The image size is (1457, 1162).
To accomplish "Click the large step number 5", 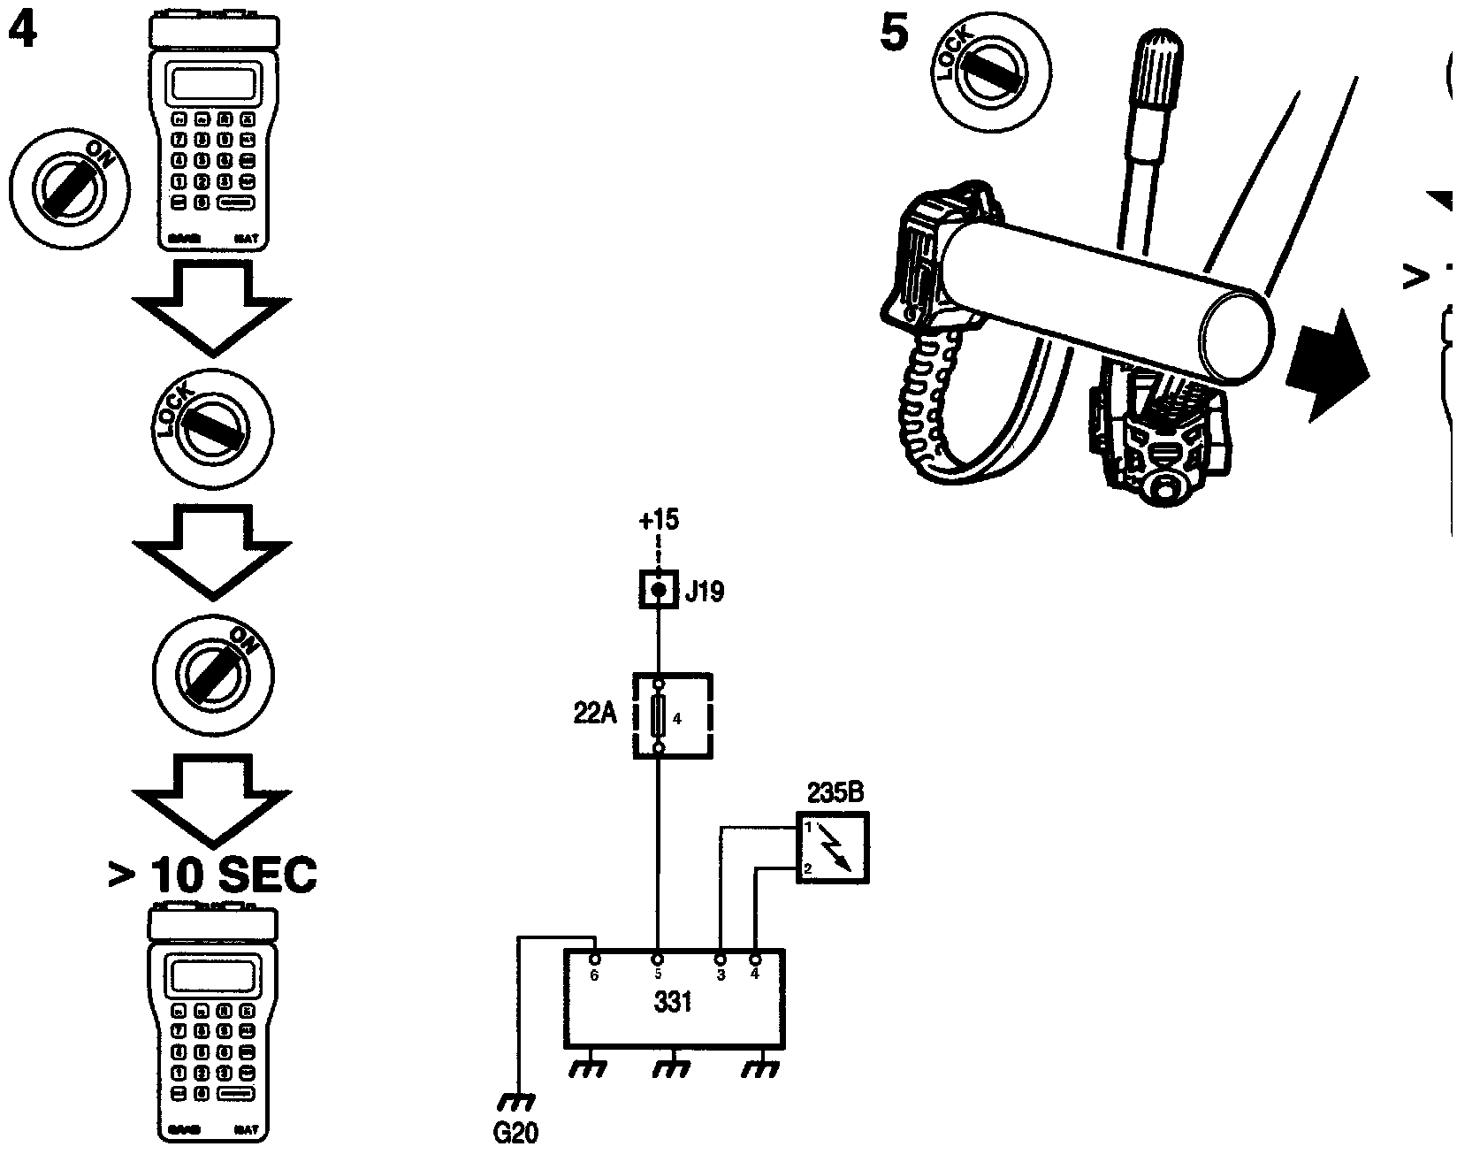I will click(894, 35).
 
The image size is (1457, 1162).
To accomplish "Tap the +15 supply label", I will click(658, 520).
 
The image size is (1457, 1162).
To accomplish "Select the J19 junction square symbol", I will click(658, 589).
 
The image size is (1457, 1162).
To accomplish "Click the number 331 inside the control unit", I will click(672, 1003).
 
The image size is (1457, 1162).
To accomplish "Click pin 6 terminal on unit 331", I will click(595, 959).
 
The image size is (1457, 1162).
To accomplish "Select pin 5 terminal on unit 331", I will click(658, 959).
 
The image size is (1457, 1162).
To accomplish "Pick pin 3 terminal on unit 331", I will click(721, 959).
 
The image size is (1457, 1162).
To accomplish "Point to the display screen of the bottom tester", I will click(213, 976).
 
